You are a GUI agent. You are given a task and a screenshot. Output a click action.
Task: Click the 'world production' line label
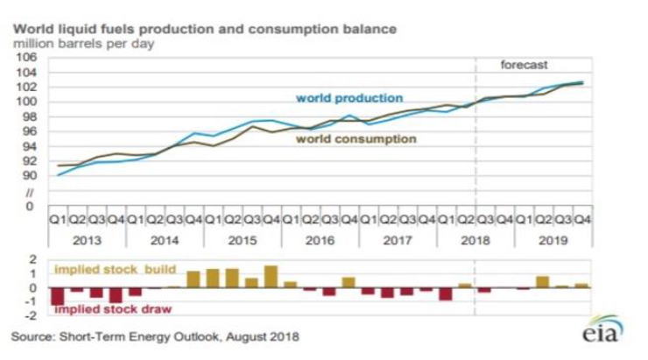point(349,98)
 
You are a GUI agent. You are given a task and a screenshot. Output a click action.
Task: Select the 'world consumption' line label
point(356,138)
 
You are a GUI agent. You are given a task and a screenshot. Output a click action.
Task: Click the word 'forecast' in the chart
point(524,66)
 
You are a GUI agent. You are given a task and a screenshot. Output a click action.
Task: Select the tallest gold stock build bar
point(271,277)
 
